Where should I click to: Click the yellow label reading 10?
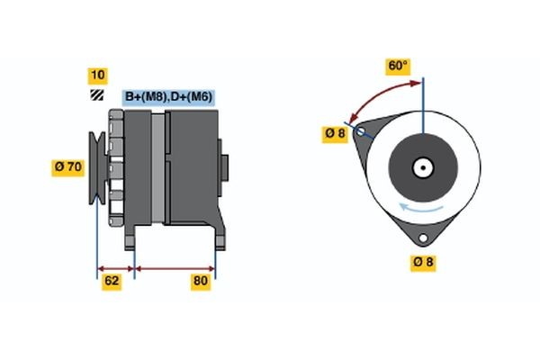[x=97, y=75]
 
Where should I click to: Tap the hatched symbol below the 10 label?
[x=96, y=94]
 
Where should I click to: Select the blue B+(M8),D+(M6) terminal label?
[x=168, y=96]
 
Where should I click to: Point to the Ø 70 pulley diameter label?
[x=69, y=166]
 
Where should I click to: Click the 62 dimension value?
[x=112, y=282]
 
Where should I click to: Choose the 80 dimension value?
[x=201, y=282]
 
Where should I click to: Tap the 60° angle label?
[x=398, y=66]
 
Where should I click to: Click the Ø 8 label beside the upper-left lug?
[x=335, y=134]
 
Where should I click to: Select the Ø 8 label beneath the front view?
[x=424, y=262]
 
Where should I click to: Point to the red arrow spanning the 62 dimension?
[x=115, y=267]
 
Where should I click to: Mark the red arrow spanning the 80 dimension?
[x=175, y=267]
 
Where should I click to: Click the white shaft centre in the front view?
[x=422, y=167]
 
